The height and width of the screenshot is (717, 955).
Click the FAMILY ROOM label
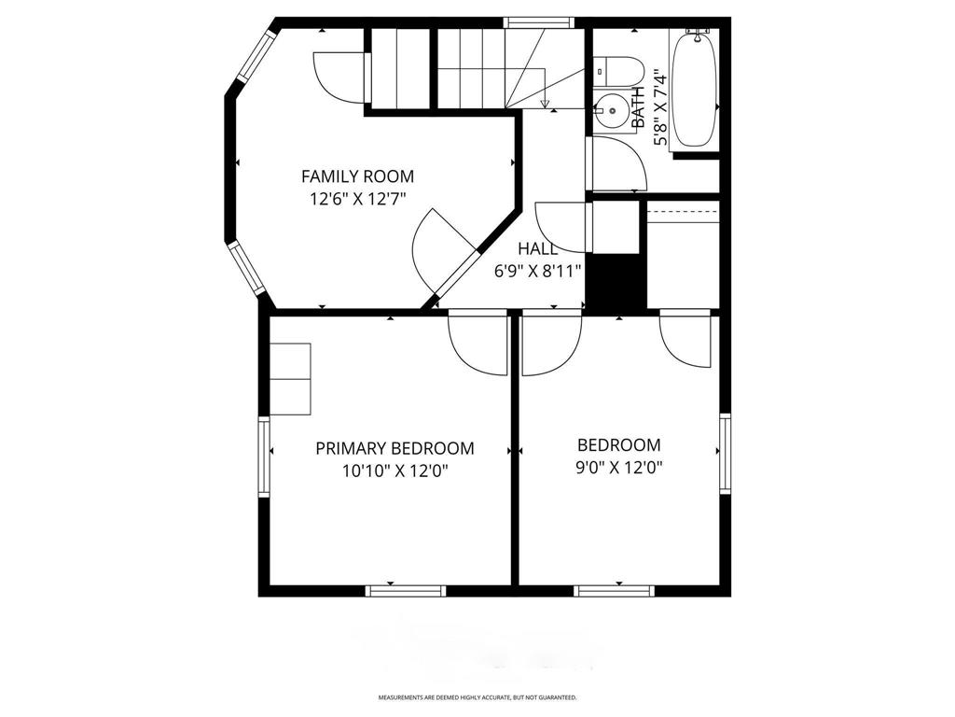tap(357, 176)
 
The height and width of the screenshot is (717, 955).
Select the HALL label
tap(538, 248)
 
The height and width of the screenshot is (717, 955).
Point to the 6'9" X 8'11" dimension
tap(538, 271)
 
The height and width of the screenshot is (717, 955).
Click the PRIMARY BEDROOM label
tap(394, 448)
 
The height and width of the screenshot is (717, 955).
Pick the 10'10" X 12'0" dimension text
tap(394, 471)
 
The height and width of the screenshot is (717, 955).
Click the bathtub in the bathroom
tap(695, 89)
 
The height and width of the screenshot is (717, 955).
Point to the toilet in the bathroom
tap(619, 71)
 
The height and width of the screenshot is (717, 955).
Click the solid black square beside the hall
tap(616, 283)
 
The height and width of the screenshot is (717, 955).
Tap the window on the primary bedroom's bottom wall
tap(405, 590)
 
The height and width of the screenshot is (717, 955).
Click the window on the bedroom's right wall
tap(725, 453)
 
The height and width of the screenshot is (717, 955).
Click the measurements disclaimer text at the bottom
tap(477, 697)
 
